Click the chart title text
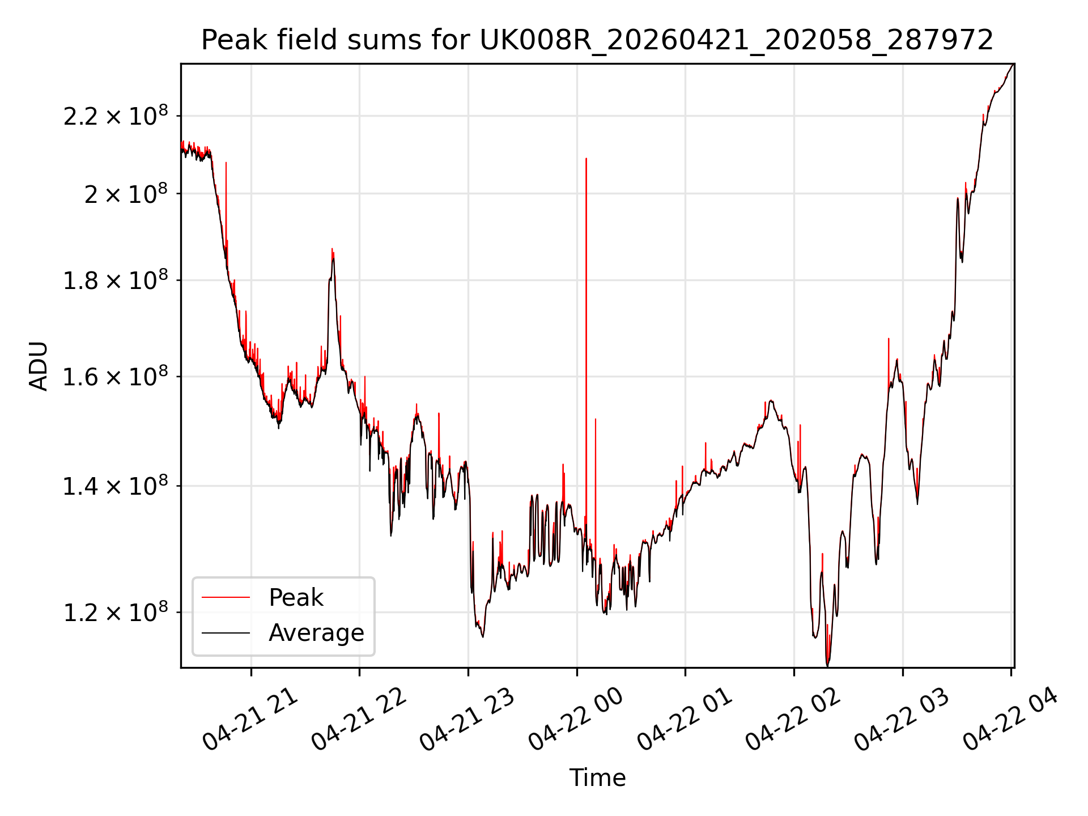597,40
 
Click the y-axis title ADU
39,365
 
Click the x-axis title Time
597,777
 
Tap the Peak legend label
296,597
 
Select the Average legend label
316,632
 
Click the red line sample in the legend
226,597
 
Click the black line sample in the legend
226,632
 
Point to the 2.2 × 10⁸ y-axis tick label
116,116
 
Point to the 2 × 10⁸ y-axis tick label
126,194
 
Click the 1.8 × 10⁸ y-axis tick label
116,280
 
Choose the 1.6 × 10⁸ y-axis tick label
116,377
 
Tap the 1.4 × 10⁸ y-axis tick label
116,486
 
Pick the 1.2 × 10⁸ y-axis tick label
116,613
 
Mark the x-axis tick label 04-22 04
1011,719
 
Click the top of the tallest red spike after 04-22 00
586,159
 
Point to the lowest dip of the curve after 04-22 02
827,665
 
